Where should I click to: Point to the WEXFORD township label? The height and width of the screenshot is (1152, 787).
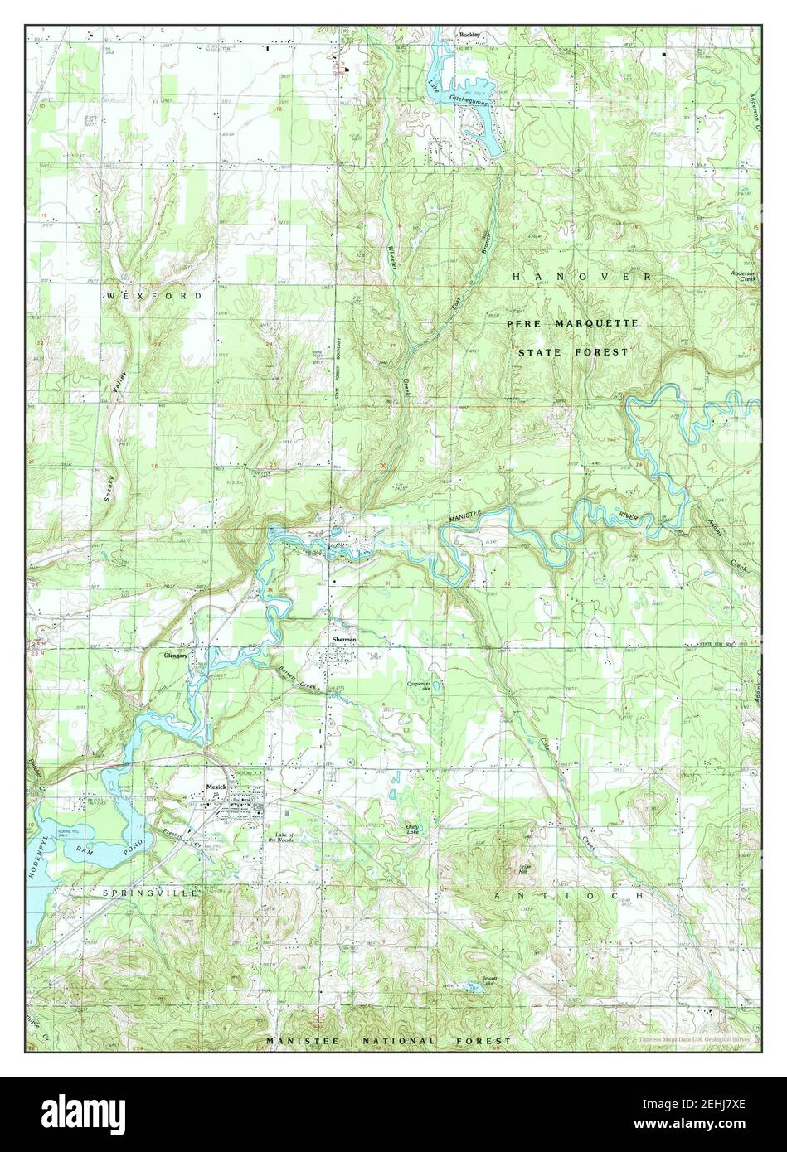pyautogui.click(x=153, y=295)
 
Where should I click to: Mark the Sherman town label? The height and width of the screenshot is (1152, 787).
pyautogui.click(x=344, y=640)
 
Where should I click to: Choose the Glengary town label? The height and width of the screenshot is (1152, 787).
pyautogui.click(x=176, y=655)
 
